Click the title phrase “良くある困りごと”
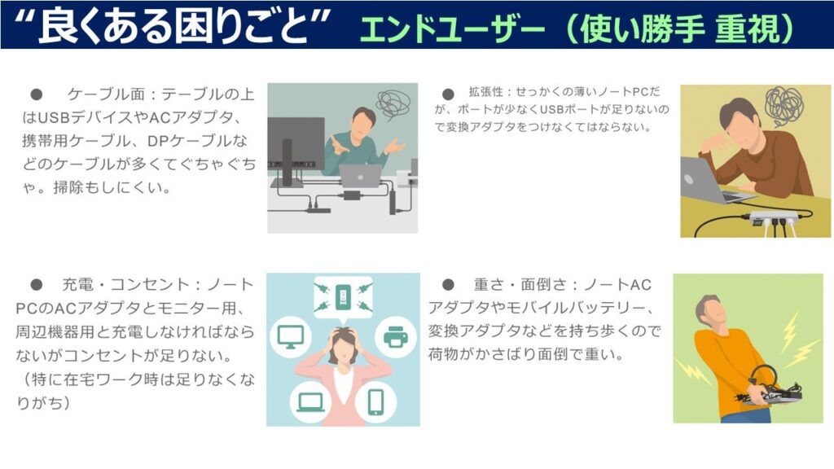173,25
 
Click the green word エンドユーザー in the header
453,28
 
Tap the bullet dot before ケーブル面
36,94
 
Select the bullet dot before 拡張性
448,94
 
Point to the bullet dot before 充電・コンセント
36,284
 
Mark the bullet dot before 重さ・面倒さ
448,284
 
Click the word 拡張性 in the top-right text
485,92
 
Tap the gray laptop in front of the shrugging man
361,176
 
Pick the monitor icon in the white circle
291,336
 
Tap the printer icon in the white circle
395,336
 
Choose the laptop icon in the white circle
310,402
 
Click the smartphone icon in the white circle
376,401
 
